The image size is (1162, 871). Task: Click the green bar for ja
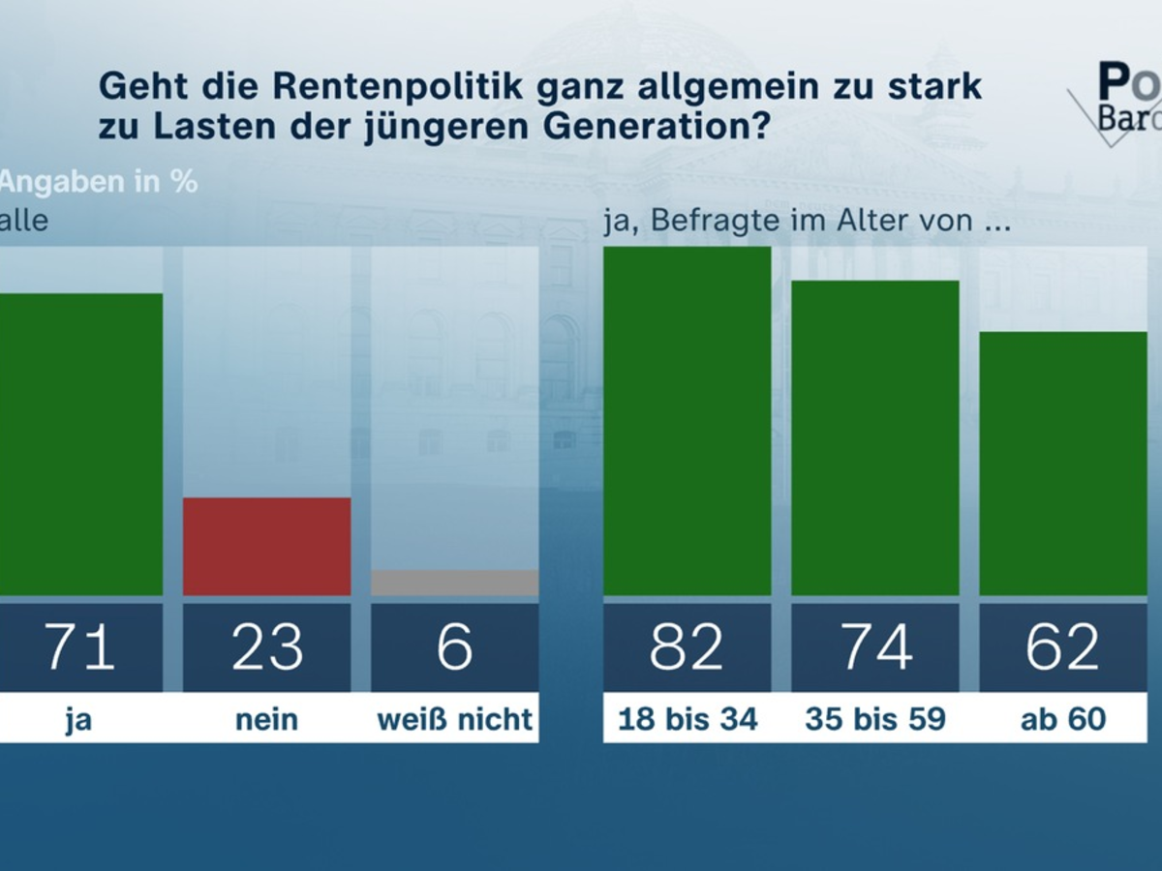point(81,444)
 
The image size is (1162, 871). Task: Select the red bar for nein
point(266,547)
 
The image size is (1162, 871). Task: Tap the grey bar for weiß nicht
point(454,583)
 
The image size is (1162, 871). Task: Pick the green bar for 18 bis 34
point(687,421)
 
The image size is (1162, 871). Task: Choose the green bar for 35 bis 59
point(874,437)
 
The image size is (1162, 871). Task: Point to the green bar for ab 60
point(1063,464)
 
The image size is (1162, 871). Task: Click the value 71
point(79,647)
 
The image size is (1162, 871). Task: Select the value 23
point(266,647)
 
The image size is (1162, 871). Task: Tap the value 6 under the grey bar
point(454,647)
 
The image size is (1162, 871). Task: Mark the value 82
point(687,647)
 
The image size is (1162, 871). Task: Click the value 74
point(874,647)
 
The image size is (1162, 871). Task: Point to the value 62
point(1063,647)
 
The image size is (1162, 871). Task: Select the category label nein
point(266,719)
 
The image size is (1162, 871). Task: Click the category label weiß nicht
point(454,719)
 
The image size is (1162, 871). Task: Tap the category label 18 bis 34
point(687,719)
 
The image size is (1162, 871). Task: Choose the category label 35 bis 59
point(874,719)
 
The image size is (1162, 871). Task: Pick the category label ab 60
point(1063,719)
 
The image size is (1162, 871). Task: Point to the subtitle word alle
point(24,221)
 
